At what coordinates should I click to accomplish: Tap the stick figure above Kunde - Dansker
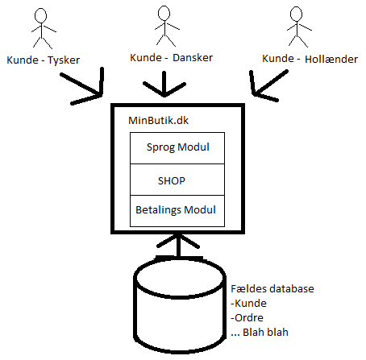click(164, 27)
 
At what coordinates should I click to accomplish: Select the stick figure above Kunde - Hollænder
click(297, 27)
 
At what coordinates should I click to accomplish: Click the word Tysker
click(64, 60)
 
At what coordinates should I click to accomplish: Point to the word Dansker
click(193, 58)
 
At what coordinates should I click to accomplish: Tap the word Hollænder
click(331, 59)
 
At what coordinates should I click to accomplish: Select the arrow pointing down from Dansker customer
click(164, 84)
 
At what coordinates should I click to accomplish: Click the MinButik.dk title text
click(159, 120)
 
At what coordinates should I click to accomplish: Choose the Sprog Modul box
click(177, 148)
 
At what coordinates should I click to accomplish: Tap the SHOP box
click(177, 180)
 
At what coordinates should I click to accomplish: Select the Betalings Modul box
click(177, 211)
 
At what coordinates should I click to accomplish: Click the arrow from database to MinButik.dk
click(178, 245)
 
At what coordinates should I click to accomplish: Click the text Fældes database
click(272, 288)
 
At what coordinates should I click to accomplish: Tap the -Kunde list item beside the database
click(248, 303)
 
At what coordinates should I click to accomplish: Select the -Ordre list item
click(247, 317)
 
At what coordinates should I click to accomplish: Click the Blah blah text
click(265, 332)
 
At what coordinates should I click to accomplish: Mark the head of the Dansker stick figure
click(164, 14)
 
